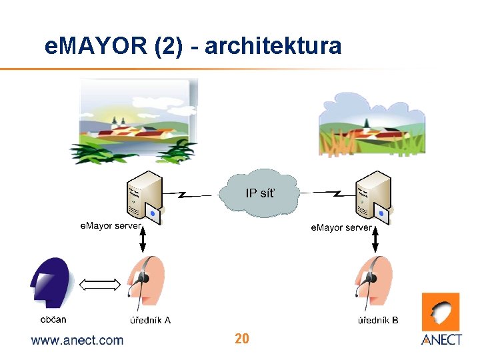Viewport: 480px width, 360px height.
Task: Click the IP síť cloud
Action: (x=261, y=193)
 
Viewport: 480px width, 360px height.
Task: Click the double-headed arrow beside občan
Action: (x=99, y=285)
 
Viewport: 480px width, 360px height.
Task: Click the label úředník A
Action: (x=150, y=320)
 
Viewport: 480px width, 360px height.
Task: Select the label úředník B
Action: (x=379, y=320)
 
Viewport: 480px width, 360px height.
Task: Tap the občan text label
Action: (x=53, y=319)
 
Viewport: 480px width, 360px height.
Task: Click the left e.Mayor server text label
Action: (x=111, y=226)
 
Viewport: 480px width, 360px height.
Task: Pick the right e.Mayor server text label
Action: (x=341, y=227)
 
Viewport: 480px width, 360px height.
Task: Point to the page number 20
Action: (x=242, y=339)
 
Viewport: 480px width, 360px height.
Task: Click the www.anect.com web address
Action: (x=77, y=340)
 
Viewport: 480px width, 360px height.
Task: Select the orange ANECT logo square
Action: (x=441, y=311)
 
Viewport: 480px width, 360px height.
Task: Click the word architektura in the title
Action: (x=273, y=46)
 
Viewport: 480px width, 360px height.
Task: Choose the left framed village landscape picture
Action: (x=139, y=119)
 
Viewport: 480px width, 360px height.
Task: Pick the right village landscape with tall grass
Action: (x=371, y=124)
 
